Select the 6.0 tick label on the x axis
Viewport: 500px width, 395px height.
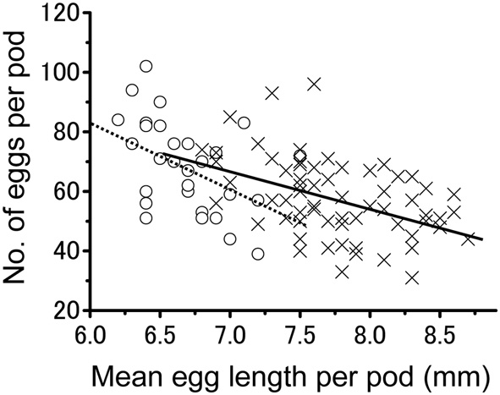[x=91, y=330]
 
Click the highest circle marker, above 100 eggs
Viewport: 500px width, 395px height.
[x=146, y=66]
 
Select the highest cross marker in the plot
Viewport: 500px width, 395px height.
[x=314, y=84]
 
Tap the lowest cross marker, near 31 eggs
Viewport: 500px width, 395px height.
[x=412, y=277]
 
